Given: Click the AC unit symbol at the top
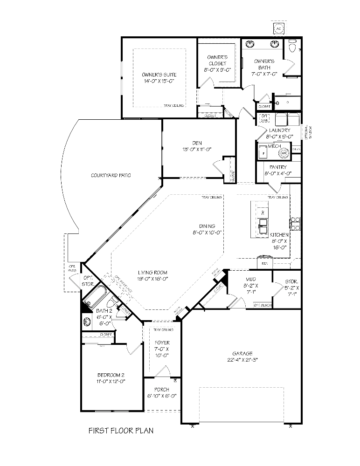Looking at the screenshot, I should click(279, 29).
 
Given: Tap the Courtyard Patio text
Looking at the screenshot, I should click(111, 175).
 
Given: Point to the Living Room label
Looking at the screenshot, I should click(152, 275).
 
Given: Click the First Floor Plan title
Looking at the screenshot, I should click(121, 431).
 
